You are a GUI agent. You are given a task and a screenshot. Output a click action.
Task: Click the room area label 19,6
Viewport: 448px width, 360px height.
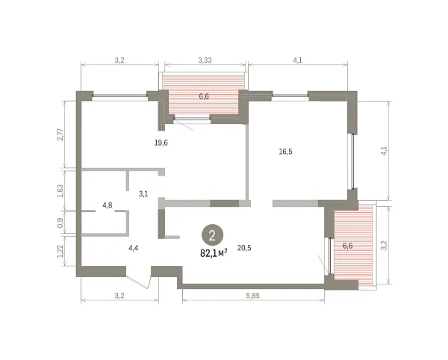(161, 143)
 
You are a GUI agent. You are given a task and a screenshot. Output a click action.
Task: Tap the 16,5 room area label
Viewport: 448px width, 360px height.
(285, 152)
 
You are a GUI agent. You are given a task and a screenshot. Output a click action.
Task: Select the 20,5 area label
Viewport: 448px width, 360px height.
(244, 248)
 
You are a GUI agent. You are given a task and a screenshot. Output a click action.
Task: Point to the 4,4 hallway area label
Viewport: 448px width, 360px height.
(134, 248)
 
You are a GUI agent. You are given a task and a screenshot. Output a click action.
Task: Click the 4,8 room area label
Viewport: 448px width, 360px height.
(108, 205)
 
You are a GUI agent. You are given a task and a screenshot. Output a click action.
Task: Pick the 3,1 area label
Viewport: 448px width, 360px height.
(143, 193)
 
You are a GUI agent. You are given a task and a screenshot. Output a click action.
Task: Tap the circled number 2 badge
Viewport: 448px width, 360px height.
(212, 236)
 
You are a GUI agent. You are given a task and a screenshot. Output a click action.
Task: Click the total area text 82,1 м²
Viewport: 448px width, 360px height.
(214, 253)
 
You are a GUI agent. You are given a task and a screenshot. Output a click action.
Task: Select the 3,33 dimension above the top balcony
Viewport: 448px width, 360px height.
(205, 60)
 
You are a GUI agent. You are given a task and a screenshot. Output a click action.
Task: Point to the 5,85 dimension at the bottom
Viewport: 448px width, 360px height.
(253, 296)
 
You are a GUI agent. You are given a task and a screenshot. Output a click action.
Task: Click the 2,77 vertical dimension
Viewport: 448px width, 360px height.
(60, 134)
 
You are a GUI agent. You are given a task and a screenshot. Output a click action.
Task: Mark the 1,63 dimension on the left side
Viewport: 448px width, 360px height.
(60, 190)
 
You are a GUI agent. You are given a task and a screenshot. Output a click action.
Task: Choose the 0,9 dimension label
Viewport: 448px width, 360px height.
(60, 223)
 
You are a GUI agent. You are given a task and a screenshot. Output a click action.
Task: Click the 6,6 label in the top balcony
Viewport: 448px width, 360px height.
(204, 96)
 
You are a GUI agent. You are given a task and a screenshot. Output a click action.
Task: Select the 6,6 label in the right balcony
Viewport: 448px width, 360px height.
(348, 246)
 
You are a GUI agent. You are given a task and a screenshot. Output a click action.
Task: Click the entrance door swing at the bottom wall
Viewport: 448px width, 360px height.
(139, 282)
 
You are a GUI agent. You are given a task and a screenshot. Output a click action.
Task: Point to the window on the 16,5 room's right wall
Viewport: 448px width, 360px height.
(352, 161)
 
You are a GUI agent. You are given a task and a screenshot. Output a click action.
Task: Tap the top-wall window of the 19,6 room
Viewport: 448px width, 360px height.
(119, 96)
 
